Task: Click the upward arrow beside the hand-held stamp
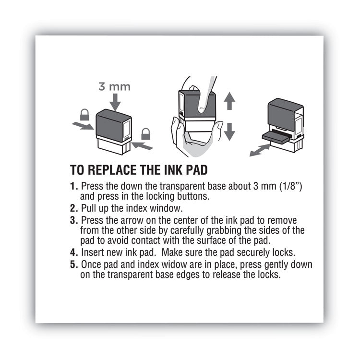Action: click(229, 102)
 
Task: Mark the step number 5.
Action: click(73, 265)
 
